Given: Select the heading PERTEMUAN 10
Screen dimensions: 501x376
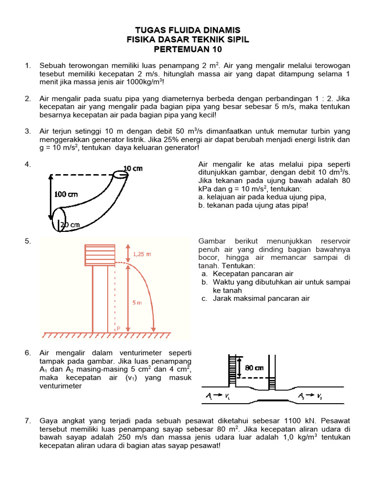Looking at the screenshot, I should click(x=188, y=49).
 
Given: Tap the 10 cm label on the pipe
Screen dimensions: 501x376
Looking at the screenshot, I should click(x=132, y=168).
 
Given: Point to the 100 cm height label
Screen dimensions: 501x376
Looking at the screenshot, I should click(x=66, y=194).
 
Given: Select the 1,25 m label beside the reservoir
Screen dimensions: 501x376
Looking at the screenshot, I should click(x=142, y=254).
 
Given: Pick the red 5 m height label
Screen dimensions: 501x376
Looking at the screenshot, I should click(x=138, y=303).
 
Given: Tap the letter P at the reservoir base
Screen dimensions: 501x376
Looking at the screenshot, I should click(x=118, y=329).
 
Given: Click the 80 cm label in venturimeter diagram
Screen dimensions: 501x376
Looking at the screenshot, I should click(x=255, y=367).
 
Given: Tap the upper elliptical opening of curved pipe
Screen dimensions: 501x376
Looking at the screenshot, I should click(x=120, y=175).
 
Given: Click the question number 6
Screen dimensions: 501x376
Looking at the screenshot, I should click(x=28, y=353).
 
